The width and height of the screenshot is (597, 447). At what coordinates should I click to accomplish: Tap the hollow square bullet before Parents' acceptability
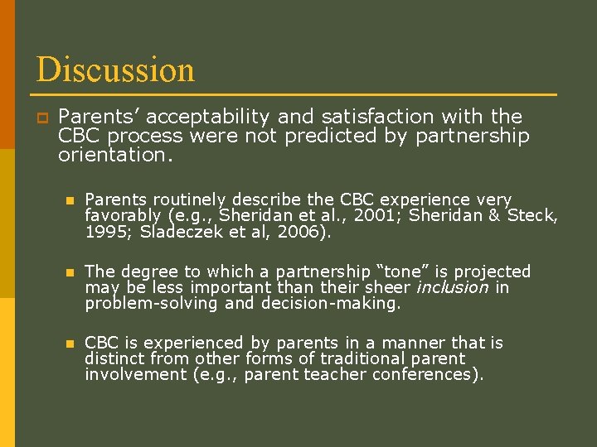[x=40, y=118]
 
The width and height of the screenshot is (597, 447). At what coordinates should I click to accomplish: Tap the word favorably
[x=123, y=216]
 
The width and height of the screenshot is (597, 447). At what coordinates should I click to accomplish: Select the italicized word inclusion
[x=452, y=287]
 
